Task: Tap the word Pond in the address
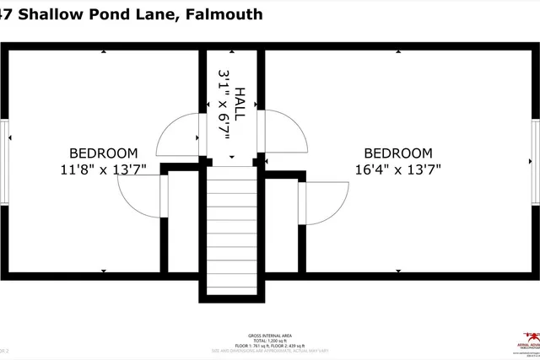116,14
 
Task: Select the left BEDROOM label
103,153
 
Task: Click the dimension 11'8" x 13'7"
103,169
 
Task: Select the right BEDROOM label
397,153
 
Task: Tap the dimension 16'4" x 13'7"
397,169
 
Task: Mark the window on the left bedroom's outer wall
4,160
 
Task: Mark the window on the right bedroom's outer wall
536,160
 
